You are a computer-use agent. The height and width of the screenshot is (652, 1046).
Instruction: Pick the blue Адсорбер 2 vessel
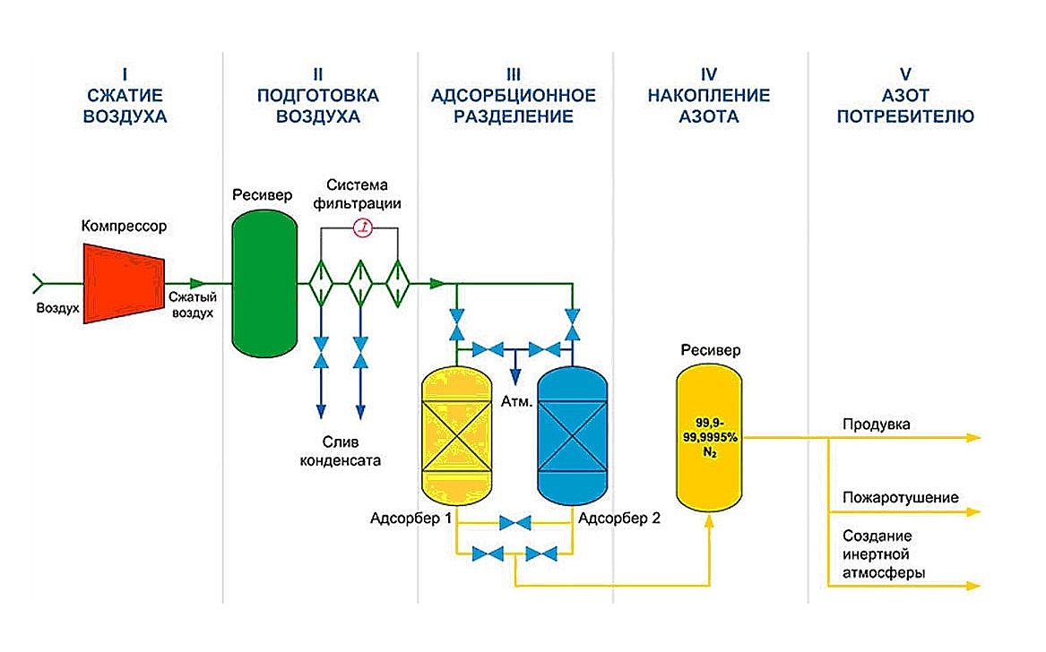click(572, 439)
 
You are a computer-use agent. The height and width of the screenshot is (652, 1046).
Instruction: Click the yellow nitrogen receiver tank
click(709, 439)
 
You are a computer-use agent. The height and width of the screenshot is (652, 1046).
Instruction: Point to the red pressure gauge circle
click(363, 228)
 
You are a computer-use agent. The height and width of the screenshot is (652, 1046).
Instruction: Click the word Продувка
click(876, 425)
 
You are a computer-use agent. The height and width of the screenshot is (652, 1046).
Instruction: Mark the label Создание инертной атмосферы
click(885, 553)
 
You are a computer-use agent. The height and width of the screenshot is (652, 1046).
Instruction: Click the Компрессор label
click(124, 227)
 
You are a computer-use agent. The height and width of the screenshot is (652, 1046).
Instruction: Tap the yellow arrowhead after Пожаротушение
click(973, 513)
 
